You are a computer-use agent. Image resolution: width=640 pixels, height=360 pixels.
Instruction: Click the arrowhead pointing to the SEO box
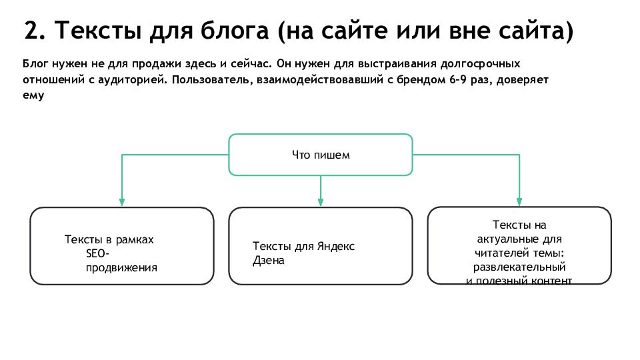121,202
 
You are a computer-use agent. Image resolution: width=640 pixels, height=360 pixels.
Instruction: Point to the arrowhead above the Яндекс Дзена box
321,202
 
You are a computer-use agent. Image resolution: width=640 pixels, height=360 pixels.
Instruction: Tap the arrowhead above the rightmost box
519,202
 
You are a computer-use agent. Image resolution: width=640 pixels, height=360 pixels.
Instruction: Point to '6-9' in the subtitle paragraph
458,79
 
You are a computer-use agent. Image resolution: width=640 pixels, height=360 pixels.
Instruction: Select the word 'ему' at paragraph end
33,96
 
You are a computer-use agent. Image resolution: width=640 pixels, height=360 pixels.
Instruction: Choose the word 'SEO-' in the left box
97,253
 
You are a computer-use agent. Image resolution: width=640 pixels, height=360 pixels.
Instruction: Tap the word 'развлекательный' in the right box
519,267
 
